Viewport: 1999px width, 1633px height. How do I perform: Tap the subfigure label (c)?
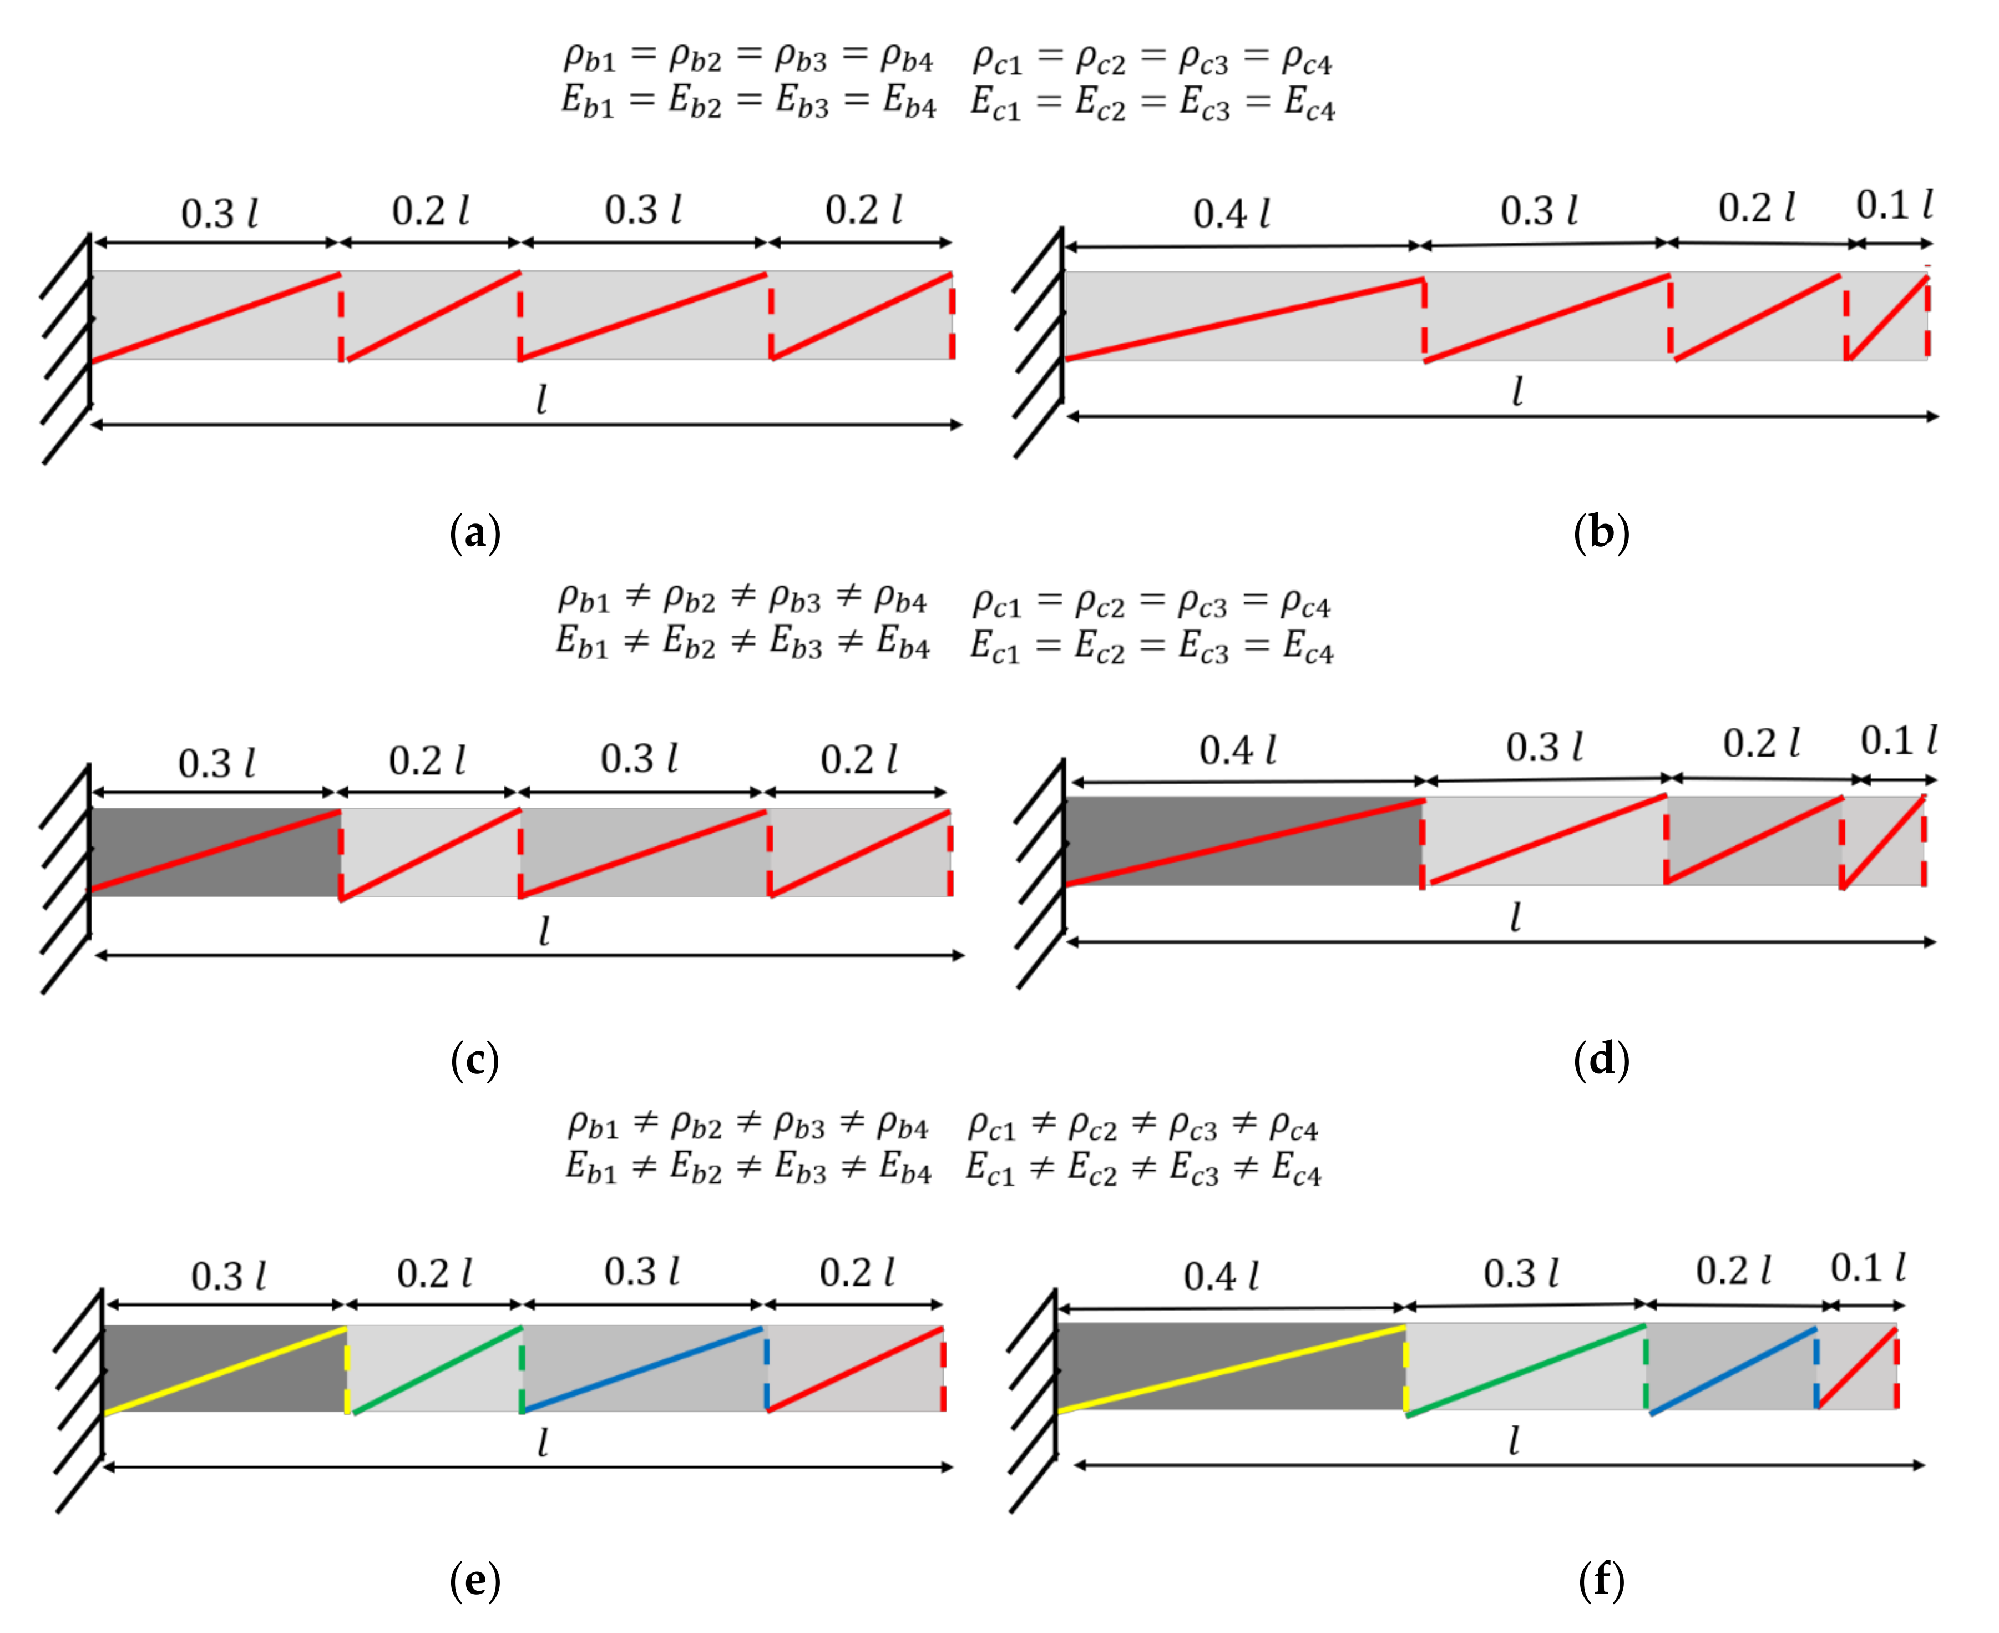(475, 1060)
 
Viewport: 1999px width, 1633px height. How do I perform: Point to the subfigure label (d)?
(1601, 1060)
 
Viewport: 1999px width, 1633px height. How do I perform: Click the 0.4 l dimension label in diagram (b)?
(1232, 214)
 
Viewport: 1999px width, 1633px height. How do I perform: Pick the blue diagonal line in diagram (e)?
(643, 1369)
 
